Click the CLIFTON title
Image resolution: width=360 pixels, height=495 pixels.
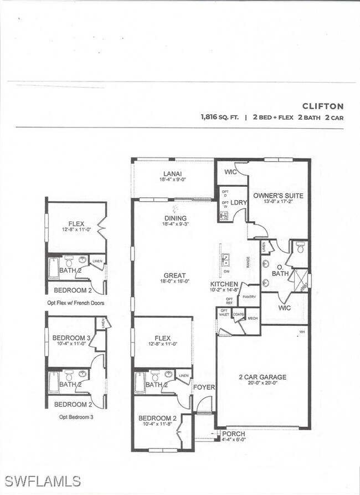click(x=323, y=106)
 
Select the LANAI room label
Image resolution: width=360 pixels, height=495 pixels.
click(x=172, y=173)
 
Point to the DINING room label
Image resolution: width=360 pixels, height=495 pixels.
click(x=174, y=218)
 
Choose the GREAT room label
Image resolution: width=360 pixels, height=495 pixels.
click(x=174, y=275)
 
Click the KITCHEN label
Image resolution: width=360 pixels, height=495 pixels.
click(x=224, y=284)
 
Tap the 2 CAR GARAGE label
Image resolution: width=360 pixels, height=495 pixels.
click(x=263, y=377)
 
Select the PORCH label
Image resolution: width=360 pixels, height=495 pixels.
click(x=234, y=433)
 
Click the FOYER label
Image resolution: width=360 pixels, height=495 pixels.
click(x=204, y=387)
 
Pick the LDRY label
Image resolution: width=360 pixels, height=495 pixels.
click(x=239, y=202)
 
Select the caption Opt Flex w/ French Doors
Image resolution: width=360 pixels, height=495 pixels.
click(x=76, y=303)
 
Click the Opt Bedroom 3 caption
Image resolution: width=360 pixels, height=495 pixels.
click(x=76, y=417)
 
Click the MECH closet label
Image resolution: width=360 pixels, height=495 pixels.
click(x=253, y=318)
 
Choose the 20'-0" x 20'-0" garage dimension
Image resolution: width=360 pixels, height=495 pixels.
click(x=263, y=384)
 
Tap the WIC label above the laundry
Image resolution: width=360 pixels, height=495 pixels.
click(x=231, y=172)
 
